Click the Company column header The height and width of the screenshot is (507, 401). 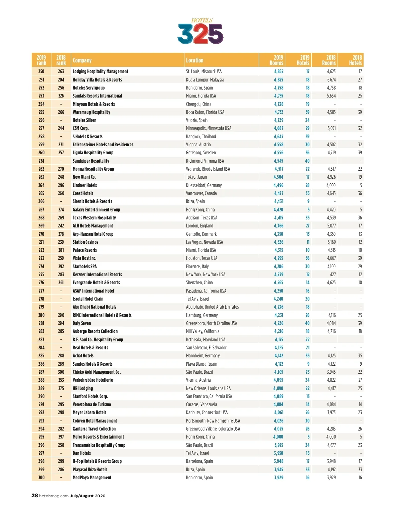pyautogui.click(x=82, y=60)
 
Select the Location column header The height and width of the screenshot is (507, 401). pyautogui.click(x=194, y=60)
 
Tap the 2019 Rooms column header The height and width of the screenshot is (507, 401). pyautogui.click(x=276, y=60)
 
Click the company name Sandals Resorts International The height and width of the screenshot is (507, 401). pyautogui.click(x=97, y=96)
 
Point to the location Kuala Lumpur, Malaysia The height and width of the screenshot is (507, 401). pyautogui.click(x=205, y=80)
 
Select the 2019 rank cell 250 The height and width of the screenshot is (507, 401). pyautogui.click(x=41, y=71)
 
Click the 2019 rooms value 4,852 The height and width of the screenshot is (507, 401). pyautogui.click(x=279, y=71)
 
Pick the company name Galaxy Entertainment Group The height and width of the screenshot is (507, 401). pyautogui.click(x=96, y=210)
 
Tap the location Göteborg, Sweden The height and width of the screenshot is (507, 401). pyautogui.click(x=201, y=153)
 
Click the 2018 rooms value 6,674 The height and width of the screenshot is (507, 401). pyautogui.click(x=331, y=80)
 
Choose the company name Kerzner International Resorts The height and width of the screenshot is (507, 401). pyautogui.click(x=97, y=275)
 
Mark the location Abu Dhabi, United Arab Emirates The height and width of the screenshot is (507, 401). pyautogui.click(x=212, y=307)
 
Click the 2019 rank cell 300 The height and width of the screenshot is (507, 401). pyautogui.click(x=41, y=478)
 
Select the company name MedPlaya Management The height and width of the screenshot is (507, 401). pyautogui.click(x=92, y=478)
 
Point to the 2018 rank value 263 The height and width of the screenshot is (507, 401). pyautogui.click(x=61, y=71)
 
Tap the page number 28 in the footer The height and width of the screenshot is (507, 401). pyautogui.click(x=35, y=496)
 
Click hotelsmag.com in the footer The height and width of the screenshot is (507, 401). pyautogui.click(x=54, y=496)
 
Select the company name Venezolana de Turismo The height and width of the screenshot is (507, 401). pyautogui.click(x=92, y=404)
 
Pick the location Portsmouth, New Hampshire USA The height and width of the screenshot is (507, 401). pyautogui.click(x=213, y=421)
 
